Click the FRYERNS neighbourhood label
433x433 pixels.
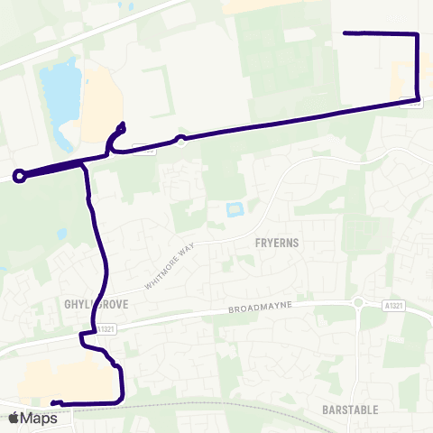pyautogui.click(x=277, y=243)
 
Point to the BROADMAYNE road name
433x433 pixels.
pyautogui.click(x=257, y=309)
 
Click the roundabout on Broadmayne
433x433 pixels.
pyautogui.click(x=359, y=304)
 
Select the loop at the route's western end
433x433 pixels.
pyautogui.click(x=20, y=176)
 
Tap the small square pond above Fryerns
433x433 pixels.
pyautogui.click(x=235, y=211)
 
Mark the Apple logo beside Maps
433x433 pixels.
pyautogui.click(x=14, y=418)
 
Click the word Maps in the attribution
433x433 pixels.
pyautogui.click(x=39, y=418)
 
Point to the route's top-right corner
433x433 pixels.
pyautogui.click(x=418, y=34)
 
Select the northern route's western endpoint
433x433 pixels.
pyautogui.click(x=345, y=33)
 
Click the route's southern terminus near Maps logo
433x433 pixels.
pyautogui.click(x=54, y=402)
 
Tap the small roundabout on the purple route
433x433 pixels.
pyautogui.click(x=181, y=139)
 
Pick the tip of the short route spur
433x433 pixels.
pyautogui.click(x=123, y=124)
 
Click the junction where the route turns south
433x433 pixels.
pyautogui.click(x=85, y=165)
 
